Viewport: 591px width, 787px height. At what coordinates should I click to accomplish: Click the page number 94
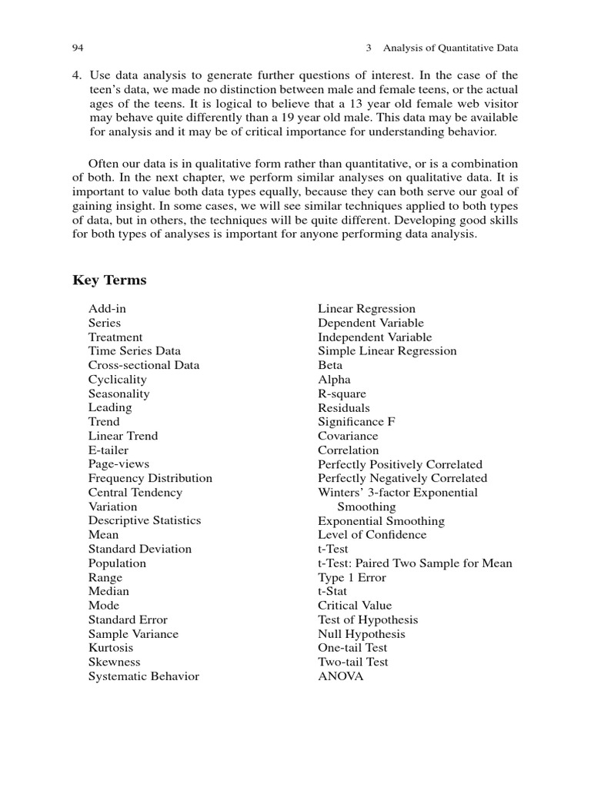77,48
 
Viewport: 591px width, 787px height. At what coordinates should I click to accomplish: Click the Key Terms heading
109,280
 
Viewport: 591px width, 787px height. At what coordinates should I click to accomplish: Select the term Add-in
107,309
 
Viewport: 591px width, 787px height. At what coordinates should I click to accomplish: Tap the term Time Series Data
135,351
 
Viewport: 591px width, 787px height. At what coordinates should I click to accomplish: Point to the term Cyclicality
117,380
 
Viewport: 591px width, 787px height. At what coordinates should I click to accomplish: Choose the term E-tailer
109,450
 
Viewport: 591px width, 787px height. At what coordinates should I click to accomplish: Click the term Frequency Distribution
150,478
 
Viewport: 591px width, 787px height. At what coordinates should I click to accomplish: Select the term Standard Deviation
140,549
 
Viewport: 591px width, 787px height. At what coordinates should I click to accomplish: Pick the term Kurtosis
111,648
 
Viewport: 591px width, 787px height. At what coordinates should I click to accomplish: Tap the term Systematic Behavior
144,676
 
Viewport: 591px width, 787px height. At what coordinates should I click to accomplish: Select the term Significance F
357,422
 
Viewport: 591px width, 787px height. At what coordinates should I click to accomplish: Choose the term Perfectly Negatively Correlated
402,478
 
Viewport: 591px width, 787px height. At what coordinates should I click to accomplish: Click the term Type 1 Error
352,577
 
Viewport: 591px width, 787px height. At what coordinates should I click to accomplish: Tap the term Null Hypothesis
362,634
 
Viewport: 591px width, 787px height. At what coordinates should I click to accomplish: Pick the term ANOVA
341,676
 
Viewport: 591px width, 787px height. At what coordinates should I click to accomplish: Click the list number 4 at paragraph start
76,75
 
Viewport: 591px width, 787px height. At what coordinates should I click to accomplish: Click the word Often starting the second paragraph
104,164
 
